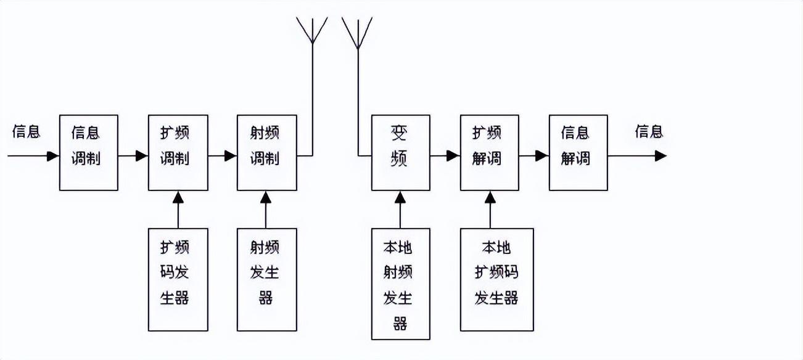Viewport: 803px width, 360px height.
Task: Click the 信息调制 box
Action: [88, 152]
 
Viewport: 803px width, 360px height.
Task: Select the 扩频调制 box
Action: [178, 152]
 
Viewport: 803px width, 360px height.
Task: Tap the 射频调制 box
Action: [266, 152]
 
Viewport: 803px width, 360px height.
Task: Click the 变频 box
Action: [400, 152]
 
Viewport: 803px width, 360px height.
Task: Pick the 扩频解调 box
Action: [490, 152]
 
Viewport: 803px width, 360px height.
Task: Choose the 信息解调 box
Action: [578, 152]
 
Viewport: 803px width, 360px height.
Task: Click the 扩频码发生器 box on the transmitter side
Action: [178, 279]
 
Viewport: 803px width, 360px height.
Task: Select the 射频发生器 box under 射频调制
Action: [266, 279]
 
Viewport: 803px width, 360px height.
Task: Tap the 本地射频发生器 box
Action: [400, 284]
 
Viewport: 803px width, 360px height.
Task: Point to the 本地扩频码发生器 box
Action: [497, 279]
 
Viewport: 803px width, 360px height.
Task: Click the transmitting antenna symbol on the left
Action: [312, 31]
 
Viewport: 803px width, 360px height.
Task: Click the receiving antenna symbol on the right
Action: [357, 31]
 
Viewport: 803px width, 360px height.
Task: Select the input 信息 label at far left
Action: [26, 131]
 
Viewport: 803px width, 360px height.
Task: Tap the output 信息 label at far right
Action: [649, 131]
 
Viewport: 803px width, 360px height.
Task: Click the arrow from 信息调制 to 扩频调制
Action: [133, 156]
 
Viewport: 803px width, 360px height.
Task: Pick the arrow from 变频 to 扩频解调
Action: [445, 156]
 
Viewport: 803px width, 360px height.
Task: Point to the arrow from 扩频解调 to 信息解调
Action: [534, 156]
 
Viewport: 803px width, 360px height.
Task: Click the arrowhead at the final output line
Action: [661, 156]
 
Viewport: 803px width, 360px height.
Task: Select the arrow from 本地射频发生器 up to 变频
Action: [400, 210]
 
